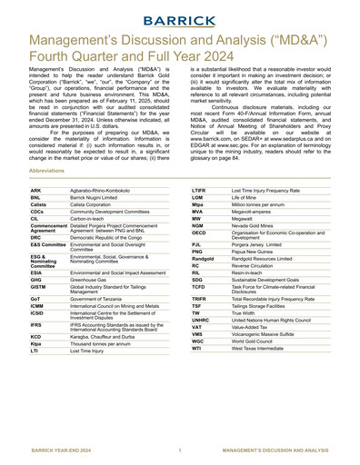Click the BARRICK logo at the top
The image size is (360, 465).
click(180, 16)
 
